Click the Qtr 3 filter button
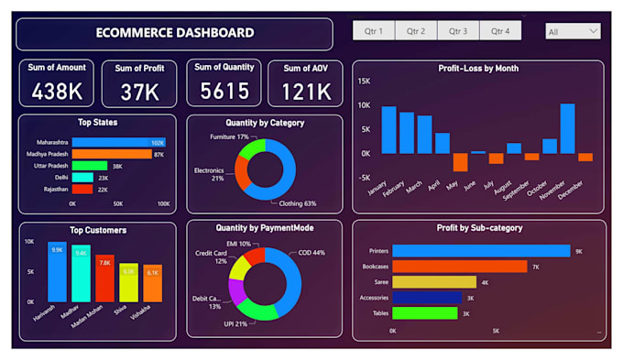(458, 31)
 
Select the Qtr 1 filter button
(374, 31)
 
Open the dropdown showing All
(573, 31)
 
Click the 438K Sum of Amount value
(56, 91)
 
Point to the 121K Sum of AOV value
(306, 91)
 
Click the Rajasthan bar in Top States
(82, 189)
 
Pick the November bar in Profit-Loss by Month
(567, 128)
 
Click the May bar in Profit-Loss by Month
(461, 162)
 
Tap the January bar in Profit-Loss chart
(388, 130)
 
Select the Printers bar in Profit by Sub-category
(480, 250)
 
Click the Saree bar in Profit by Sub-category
(433, 281)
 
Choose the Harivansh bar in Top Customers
(57, 272)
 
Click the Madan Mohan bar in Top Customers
(104, 278)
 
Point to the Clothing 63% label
(298, 203)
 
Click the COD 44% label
(311, 253)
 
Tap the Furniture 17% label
(230, 136)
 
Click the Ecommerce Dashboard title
(175, 33)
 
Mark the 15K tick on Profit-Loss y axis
(363, 82)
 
